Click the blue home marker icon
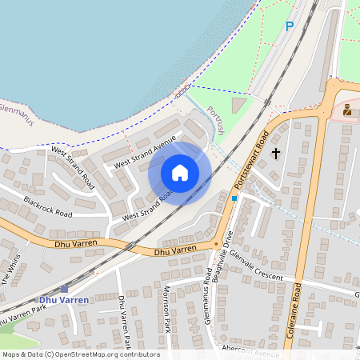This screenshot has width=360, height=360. [x=180, y=173]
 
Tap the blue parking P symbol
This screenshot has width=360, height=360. [x=290, y=26]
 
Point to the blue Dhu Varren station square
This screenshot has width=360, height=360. [x=64, y=289]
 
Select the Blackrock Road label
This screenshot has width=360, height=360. [x=48, y=207]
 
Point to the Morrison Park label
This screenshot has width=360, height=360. [x=168, y=307]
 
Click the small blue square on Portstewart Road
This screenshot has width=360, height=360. [x=234, y=198]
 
